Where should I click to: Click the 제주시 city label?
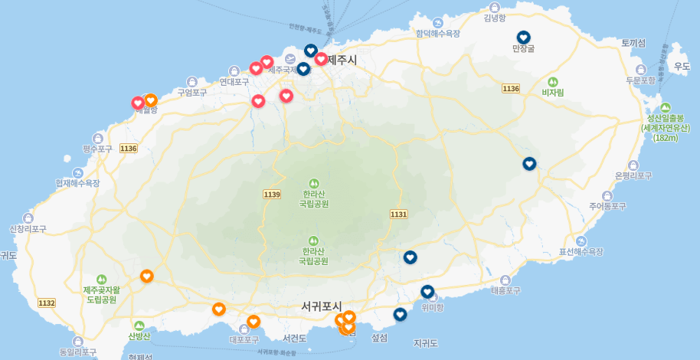342,60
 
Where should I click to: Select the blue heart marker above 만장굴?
524,38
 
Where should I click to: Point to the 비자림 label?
552,92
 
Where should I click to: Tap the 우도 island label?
681,67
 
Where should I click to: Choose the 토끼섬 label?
634,43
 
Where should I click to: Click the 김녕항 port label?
496,18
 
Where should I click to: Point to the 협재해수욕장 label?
77,183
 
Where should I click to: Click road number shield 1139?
272,195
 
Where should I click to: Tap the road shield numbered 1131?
398,214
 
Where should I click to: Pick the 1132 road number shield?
47,303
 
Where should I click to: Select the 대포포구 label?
244,339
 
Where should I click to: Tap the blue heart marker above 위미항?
427,292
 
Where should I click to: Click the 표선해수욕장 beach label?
581,251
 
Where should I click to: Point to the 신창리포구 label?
28,229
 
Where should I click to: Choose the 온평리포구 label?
633,175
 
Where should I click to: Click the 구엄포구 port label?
192,93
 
